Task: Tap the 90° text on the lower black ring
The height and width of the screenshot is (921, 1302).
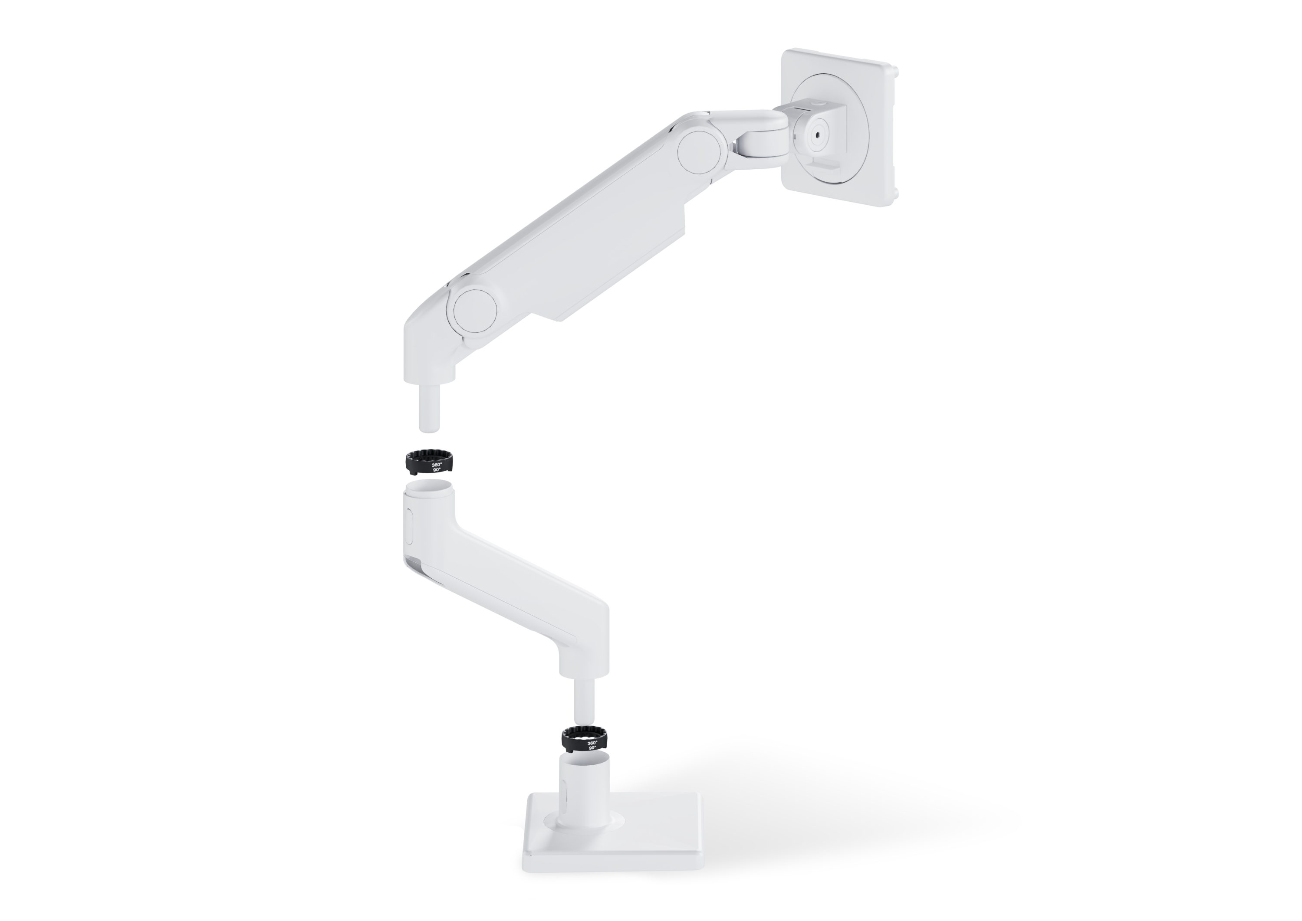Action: tap(593, 747)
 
